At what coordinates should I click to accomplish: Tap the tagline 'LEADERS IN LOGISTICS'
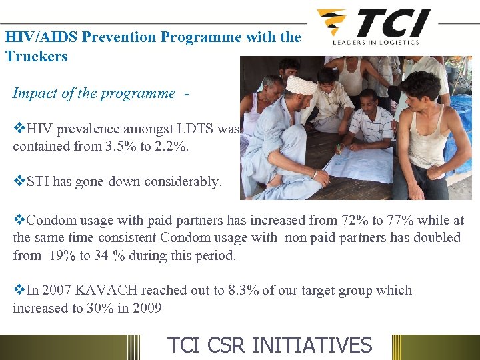pyautogui.click(x=376, y=42)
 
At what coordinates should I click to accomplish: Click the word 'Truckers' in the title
pyautogui.click(x=37, y=56)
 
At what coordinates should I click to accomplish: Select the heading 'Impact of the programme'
pyautogui.click(x=94, y=93)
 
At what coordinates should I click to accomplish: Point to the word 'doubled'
pyautogui.click(x=436, y=238)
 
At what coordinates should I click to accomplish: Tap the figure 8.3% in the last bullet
pyautogui.click(x=245, y=291)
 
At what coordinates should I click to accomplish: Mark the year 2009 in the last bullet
pyautogui.click(x=147, y=308)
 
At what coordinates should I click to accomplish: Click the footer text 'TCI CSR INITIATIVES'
pyautogui.click(x=269, y=345)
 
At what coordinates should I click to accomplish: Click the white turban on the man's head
pyautogui.click(x=301, y=85)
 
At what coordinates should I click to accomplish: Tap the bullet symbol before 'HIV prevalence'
pyautogui.click(x=18, y=129)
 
